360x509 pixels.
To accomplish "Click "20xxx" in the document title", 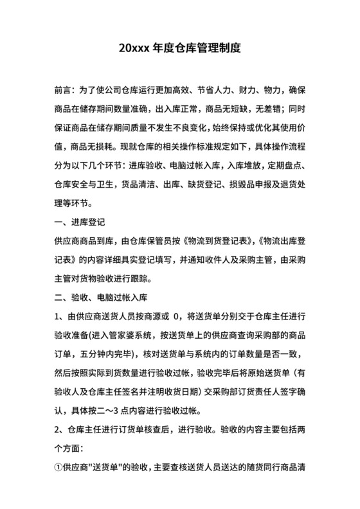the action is click(134, 48).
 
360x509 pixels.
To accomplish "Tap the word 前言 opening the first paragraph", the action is click(63, 89).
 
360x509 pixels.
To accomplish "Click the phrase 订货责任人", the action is click(257, 391).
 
